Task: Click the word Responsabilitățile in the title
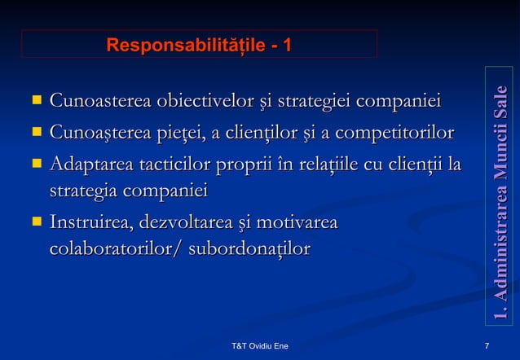click(180, 43)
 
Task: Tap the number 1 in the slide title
click(286, 43)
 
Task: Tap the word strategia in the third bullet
click(82, 191)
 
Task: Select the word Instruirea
click(92, 222)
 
